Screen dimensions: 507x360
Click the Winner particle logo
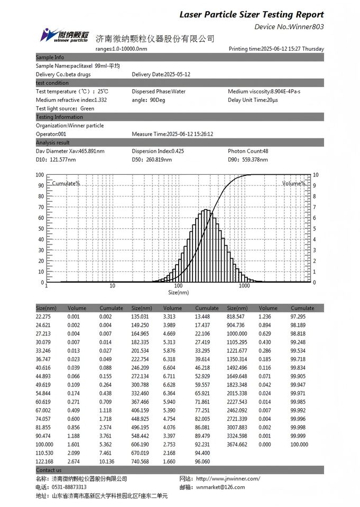[x=64, y=35]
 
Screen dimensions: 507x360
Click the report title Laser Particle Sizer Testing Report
[x=252, y=14]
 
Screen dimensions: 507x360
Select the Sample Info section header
[x=50, y=57]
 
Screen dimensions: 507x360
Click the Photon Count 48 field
[x=248, y=151]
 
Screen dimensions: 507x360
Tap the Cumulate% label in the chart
[x=66, y=183]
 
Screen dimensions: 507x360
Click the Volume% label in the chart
[x=293, y=183]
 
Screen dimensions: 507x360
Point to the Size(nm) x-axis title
[x=178, y=292]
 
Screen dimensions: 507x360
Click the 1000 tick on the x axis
[x=244, y=286]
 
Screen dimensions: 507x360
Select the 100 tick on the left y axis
[x=40, y=174]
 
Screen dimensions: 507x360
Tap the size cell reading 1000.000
[x=237, y=334]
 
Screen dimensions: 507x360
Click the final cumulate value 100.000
[x=299, y=445]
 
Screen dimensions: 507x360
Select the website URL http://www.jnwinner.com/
[x=228, y=478]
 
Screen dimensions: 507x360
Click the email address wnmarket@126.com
[x=220, y=487]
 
